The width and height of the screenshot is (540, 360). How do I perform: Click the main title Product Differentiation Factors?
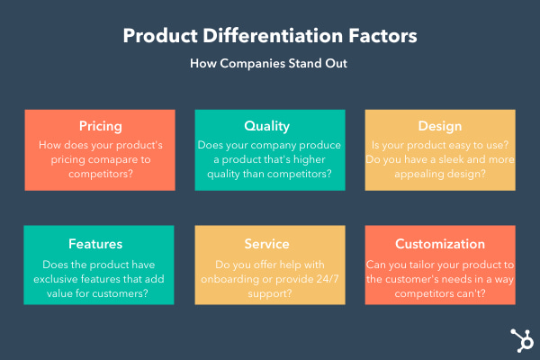270,36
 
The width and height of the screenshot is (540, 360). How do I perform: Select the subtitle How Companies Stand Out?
270,64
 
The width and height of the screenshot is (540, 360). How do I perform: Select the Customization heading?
440,244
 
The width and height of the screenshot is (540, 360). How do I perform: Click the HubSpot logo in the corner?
517,339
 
